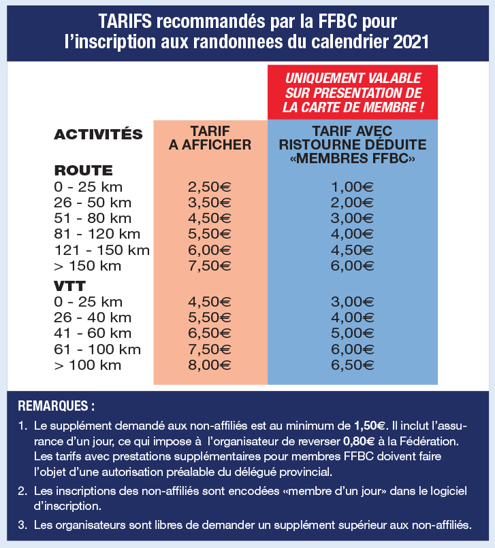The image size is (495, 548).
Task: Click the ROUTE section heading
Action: (x=83, y=171)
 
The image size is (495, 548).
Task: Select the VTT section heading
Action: (x=69, y=286)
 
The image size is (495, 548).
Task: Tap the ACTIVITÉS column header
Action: (x=98, y=134)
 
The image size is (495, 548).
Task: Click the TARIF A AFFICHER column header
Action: (x=210, y=137)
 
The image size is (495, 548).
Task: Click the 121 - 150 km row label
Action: (x=101, y=250)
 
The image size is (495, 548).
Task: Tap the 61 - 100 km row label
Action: (x=97, y=349)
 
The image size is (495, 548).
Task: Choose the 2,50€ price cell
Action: (x=210, y=187)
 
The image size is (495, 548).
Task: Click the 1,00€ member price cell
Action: (x=353, y=187)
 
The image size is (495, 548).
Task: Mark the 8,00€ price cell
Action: (x=210, y=365)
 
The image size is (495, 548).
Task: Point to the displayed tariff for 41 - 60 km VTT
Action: (x=210, y=334)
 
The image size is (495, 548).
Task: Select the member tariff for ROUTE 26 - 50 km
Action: (x=353, y=203)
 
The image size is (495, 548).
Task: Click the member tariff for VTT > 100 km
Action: (x=353, y=365)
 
